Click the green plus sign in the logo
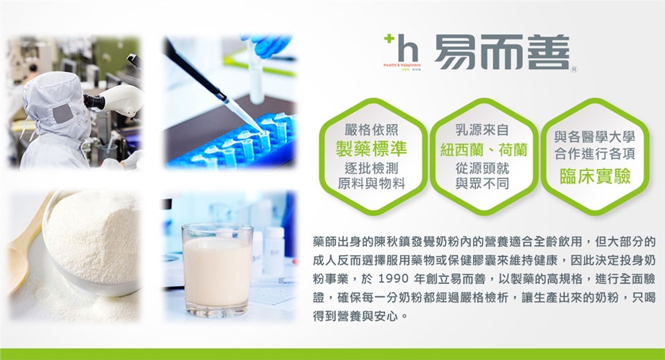(x=389, y=39)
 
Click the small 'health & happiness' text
(x=402, y=65)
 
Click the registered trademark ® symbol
(x=574, y=69)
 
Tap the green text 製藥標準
(x=371, y=148)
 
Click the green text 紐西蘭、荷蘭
(x=484, y=150)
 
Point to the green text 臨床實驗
(x=595, y=177)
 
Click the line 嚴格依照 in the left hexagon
(x=371, y=129)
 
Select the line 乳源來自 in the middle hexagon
(x=482, y=129)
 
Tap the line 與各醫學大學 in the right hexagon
(x=594, y=137)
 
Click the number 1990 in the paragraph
(x=393, y=279)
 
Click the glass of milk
(x=217, y=270)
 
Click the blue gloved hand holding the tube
(x=266, y=45)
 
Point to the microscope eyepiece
(x=94, y=102)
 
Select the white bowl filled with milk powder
(x=91, y=242)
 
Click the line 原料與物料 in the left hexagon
(x=371, y=183)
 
